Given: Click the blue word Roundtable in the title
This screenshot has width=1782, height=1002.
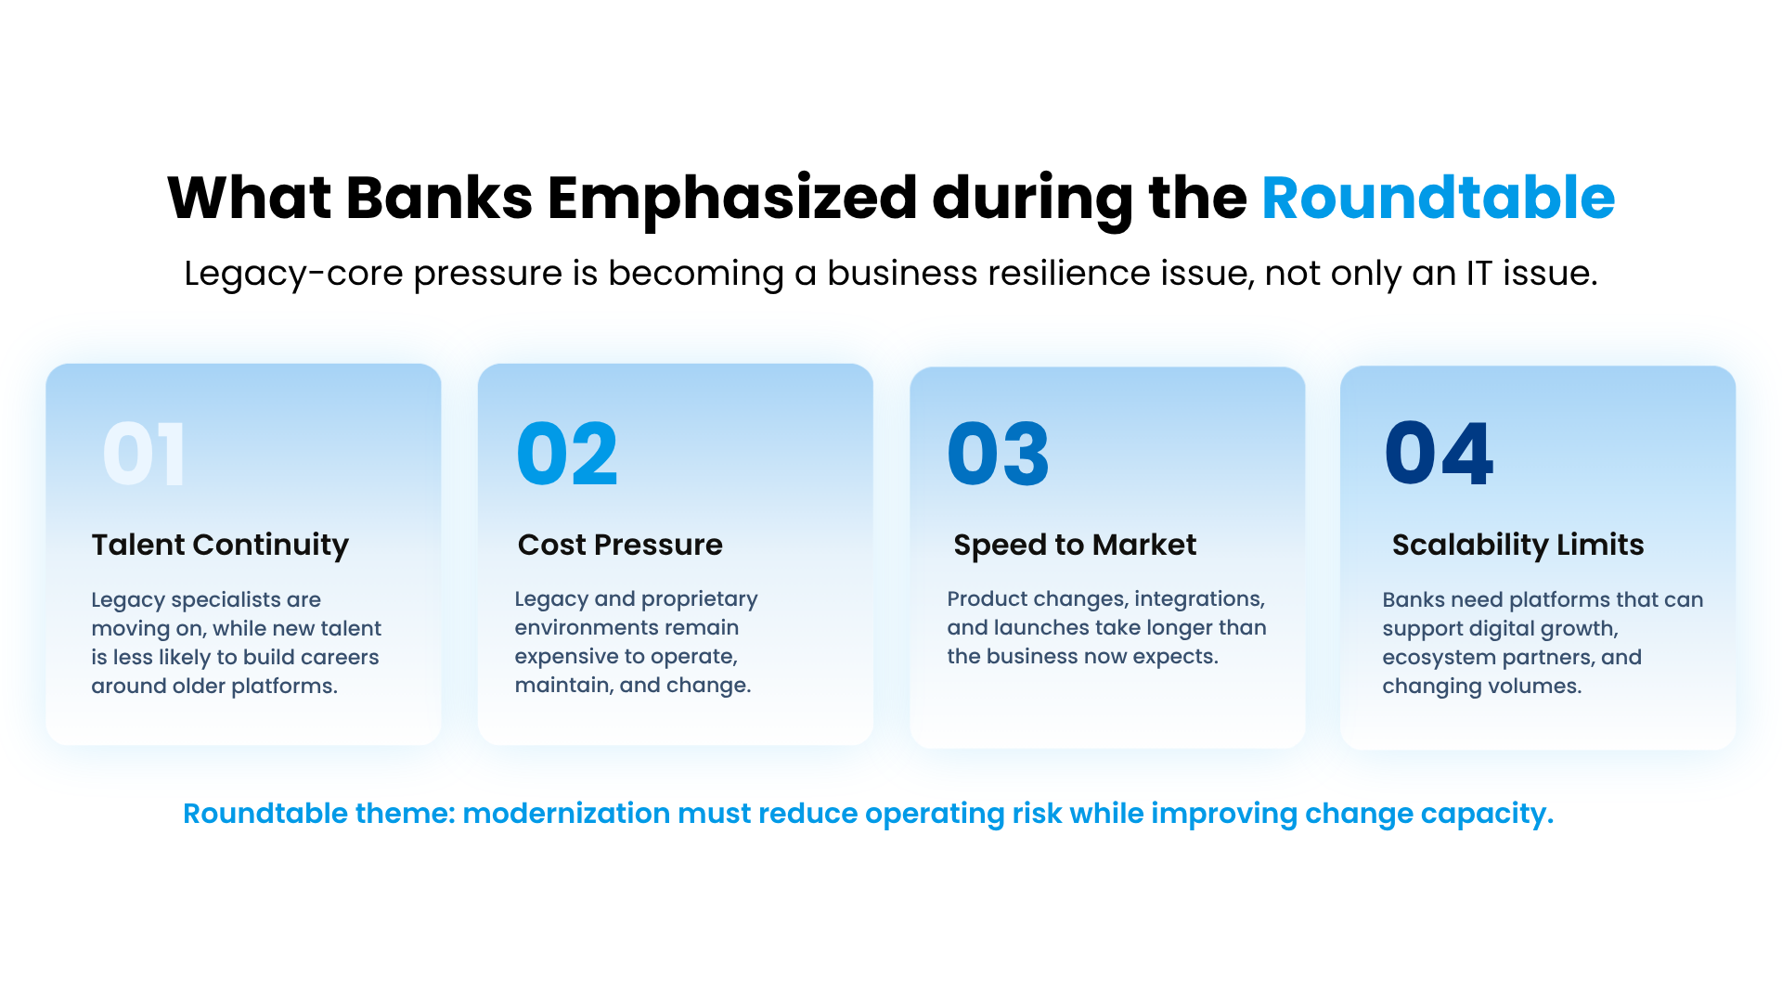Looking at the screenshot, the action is click(1438, 198).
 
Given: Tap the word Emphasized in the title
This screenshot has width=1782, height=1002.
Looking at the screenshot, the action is click(732, 199).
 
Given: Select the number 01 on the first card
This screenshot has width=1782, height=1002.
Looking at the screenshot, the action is click(144, 454).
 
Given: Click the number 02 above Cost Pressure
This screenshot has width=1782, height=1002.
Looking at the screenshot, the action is click(567, 454).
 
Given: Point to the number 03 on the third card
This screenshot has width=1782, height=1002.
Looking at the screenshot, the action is click(999, 454).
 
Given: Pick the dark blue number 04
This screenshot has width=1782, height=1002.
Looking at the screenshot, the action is click(1439, 454).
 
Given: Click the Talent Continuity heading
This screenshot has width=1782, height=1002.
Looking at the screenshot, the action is click(220, 545).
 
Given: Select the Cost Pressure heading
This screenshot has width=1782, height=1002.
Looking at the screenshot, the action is click(620, 545).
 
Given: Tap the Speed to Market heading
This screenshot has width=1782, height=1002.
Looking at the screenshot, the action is click(1075, 545).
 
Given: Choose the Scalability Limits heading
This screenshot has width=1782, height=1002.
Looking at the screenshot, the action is click(1517, 545).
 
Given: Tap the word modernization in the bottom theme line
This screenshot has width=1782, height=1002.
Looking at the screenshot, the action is click(566, 813).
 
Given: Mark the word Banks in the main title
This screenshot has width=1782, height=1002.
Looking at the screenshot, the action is click(439, 198).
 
